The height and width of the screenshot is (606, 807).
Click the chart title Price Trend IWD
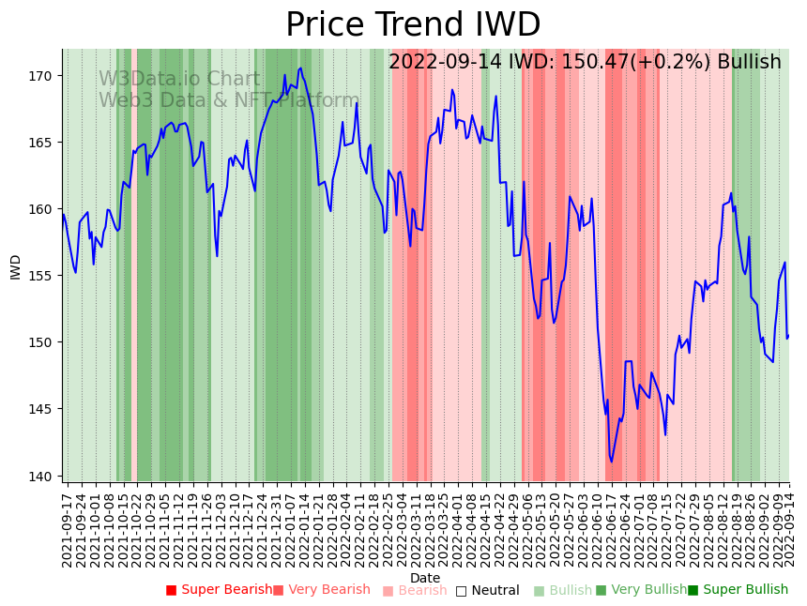point(413,25)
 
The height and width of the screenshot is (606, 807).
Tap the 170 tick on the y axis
point(45,75)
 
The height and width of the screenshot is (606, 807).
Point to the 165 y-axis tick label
point(45,143)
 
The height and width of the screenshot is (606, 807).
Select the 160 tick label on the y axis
point(45,209)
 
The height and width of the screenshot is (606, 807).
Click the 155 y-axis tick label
point(45,276)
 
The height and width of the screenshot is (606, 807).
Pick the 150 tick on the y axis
point(45,342)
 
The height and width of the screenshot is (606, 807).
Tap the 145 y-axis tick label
point(45,409)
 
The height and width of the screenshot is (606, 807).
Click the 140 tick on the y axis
point(45,476)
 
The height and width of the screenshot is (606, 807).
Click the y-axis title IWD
point(15,266)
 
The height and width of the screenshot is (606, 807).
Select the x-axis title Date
point(425,578)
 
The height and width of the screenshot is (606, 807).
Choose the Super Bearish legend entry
point(219,590)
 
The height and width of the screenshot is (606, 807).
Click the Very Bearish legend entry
point(322,590)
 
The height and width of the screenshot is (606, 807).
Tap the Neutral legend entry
point(488,590)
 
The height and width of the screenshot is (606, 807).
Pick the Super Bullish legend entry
point(738,590)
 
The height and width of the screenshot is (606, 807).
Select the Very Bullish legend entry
point(642,590)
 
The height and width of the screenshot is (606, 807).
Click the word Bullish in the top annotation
point(749,62)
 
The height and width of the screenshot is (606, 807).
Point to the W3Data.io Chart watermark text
point(179,79)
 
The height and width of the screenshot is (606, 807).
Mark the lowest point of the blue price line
point(611,462)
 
